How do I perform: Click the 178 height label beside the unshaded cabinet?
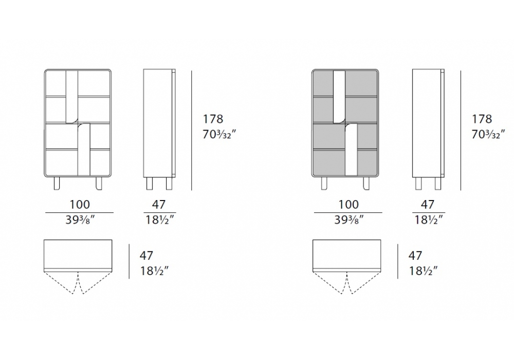click(x=213, y=119)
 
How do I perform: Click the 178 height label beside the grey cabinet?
click(x=482, y=119)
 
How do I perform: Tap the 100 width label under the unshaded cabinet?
click(x=80, y=205)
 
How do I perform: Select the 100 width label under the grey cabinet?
click(x=348, y=205)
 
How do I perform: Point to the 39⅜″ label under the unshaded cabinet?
click(x=80, y=220)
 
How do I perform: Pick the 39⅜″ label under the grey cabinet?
click(x=349, y=220)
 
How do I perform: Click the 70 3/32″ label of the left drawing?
click(x=219, y=134)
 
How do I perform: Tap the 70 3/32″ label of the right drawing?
click(x=488, y=134)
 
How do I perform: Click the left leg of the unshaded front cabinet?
click(x=57, y=183)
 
